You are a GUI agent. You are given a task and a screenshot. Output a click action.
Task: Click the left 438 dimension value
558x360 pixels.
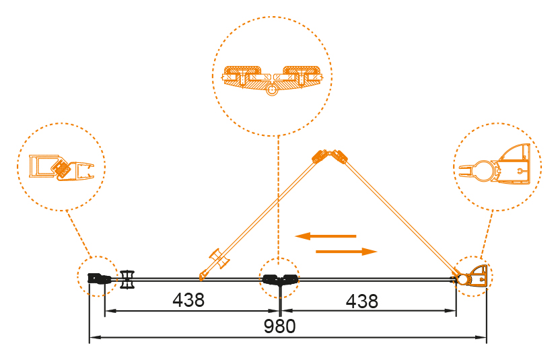[x=188, y=300]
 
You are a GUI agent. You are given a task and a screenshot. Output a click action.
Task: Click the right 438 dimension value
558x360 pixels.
[x=361, y=300]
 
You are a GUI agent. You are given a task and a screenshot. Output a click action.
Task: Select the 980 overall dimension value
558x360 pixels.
[x=279, y=327]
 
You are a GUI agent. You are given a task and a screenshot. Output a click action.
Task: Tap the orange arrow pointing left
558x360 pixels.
[x=325, y=236]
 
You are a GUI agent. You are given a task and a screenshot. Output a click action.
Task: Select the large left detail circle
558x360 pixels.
[x=61, y=167]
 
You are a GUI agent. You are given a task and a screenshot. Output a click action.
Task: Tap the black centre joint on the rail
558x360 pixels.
[x=279, y=280]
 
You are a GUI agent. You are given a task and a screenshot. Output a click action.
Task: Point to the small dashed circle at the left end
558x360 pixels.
[x=98, y=275]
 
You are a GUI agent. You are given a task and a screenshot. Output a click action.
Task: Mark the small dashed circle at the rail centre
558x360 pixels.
[x=279, y=275]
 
